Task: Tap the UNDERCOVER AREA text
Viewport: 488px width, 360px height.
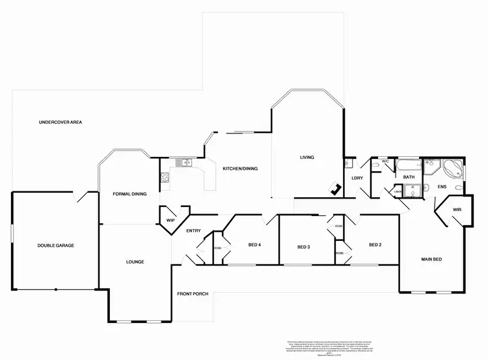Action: tap(60, 122)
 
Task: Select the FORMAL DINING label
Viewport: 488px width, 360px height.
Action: tap(129, 193)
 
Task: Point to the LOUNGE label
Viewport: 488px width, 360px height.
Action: tap(135, 262)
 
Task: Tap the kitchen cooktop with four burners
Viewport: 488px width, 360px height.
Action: tap(163, 176)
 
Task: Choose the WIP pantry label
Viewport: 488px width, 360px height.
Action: tap(170, 221)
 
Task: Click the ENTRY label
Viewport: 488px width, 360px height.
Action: tap(193, 231)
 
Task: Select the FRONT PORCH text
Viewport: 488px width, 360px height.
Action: tap(193, 294)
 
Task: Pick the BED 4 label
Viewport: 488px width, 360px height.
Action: tap(254, 245)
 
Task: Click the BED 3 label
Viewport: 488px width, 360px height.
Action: tap(303, 247)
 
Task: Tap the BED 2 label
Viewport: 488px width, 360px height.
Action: tap(374, 245)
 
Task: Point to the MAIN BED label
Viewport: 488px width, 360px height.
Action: tap(431, 260)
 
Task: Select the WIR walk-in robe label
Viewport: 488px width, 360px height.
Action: tap(457, 210)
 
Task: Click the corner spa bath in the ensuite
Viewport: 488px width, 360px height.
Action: tap(454, 169)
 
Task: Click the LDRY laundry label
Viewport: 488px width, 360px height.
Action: tap(357, 178)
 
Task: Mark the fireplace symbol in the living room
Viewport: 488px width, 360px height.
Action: tap(336, 189)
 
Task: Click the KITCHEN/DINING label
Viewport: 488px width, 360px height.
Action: tap(240, 169)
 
